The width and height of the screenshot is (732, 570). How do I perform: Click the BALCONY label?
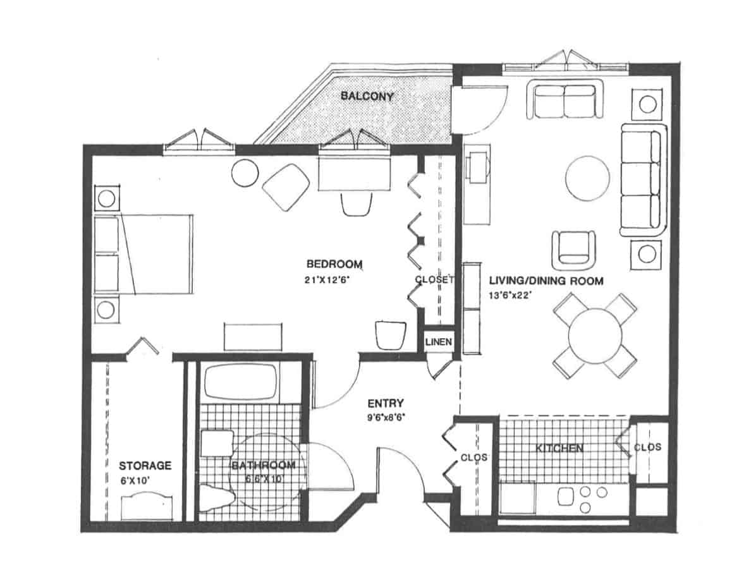[x=367, y=96]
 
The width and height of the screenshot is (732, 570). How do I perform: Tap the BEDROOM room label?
[x=334, y=264]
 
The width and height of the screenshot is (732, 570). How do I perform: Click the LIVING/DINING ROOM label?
[x=546, y=281]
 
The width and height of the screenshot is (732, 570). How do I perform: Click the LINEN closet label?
[x=438, y=342]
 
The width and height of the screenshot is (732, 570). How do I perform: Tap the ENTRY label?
[x=386, y=403]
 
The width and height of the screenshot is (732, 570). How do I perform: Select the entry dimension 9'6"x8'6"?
[x=386, y=418]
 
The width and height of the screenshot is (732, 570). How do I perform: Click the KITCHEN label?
[x=559, y=448]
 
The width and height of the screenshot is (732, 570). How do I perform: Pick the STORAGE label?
[x=145, y=466]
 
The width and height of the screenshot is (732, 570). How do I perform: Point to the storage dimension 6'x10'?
[x=135, y=480]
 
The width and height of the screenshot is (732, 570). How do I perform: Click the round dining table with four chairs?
[x=594, y=336]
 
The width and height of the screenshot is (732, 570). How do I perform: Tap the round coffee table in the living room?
[x=587, y=178]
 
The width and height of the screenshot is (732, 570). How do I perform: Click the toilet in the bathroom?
[x=218, y=498]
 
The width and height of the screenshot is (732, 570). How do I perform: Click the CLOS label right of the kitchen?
[x=647, y=447]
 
